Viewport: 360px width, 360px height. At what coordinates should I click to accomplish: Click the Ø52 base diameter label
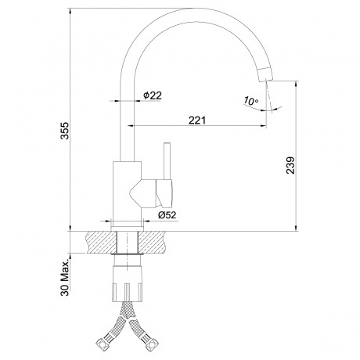(167, 213)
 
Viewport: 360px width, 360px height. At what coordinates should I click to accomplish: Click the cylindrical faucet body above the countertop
(128, 192)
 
